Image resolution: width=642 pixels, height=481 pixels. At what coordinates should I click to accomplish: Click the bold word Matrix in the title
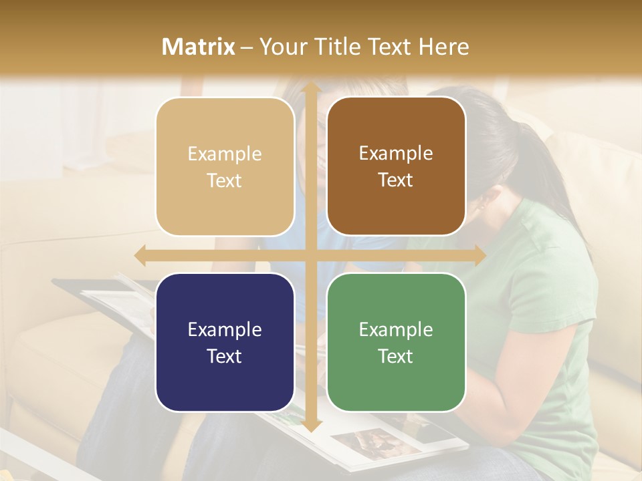click(x=199, y=47)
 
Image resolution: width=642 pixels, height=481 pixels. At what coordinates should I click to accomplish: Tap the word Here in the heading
click(x=443, y=47)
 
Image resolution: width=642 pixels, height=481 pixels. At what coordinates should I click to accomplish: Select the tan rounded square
click(x=225, y=166)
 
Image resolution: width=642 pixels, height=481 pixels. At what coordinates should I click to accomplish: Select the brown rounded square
click(x=396, y=166)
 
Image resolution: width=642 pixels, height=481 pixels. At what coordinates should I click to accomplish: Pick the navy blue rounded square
click(x=225, y=342)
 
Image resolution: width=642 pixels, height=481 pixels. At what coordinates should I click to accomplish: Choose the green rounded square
click(x=396, y=342)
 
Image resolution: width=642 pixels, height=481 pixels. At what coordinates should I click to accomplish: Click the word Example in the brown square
click(x=396, y=154)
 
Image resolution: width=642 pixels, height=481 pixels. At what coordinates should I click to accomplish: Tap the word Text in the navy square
click(x=225, y=356)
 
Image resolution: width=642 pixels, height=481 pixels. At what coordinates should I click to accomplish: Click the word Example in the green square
click(x=396, y=329)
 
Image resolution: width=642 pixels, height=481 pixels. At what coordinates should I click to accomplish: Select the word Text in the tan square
click(x=225, y=180)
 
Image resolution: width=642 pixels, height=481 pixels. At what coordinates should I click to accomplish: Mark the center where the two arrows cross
click(x=310, y=256)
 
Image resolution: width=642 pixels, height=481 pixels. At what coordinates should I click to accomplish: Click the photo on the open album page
click(x=365, y=442)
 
